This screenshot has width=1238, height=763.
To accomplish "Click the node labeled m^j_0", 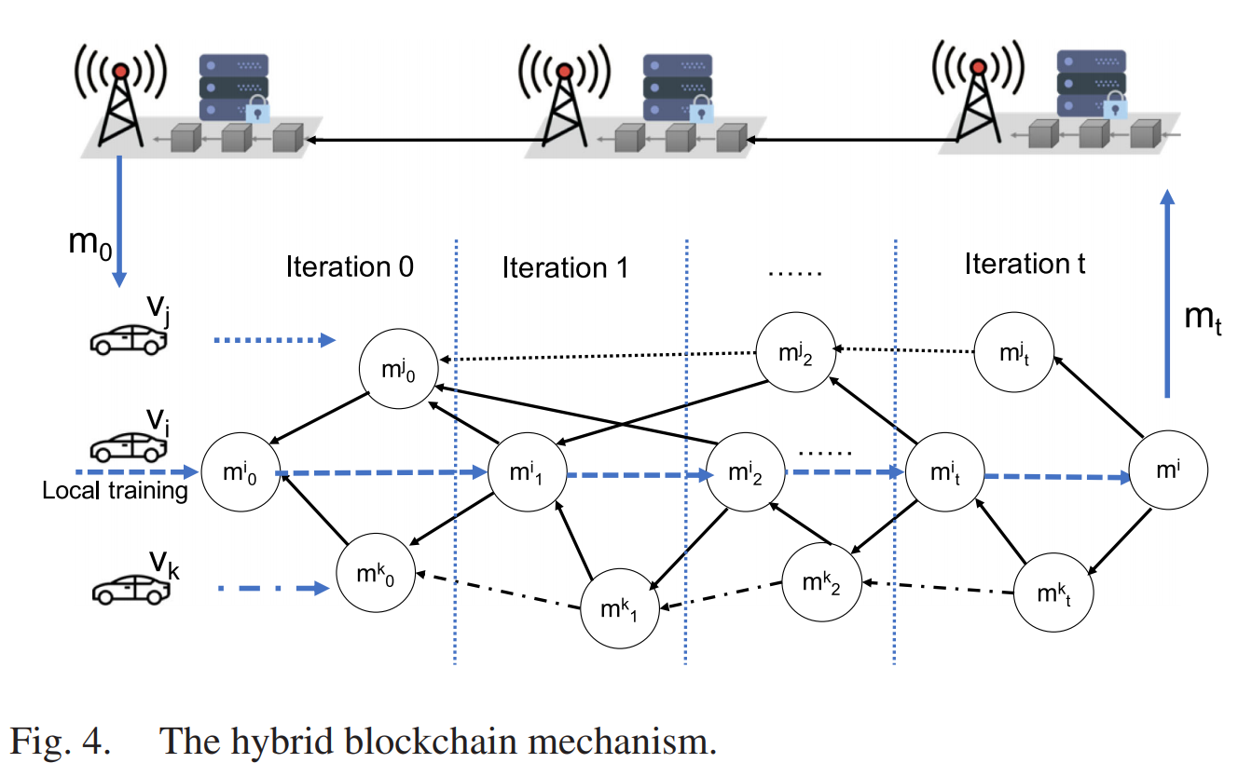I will point(399,368).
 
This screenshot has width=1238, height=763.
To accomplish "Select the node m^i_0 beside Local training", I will point(241,472).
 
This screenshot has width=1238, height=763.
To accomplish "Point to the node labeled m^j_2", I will point(795,353).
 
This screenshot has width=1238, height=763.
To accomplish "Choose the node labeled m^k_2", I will point(821,584).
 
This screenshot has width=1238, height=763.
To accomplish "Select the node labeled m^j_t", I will point(1014,353).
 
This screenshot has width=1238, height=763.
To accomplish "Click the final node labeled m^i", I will point(1169,471).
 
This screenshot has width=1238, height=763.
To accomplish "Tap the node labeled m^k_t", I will point(1053,593).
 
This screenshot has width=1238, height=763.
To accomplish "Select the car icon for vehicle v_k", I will point(131,589).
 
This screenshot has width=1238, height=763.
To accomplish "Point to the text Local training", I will point(116,491).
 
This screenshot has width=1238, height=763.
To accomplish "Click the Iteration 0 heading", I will point(349,266).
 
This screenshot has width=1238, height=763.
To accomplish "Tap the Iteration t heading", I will point(1025,264).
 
